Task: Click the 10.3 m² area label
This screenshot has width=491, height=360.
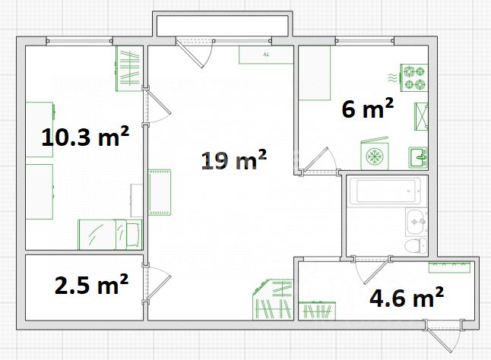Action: coord(85,137)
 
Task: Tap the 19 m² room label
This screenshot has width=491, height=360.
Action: coord(234,159)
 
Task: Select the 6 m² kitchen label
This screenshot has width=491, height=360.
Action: coord(367,108)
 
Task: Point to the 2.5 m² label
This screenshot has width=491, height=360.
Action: coord(91,284)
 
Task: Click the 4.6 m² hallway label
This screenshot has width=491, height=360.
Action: coord(407,297)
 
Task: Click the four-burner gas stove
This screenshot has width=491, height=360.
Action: coord(414,78)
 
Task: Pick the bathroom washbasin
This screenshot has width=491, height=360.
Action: coord(417,222)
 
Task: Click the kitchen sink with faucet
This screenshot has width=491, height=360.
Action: coord(418,157)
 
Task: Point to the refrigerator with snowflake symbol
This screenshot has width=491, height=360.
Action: coord(375,154)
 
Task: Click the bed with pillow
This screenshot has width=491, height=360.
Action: coord(109,235)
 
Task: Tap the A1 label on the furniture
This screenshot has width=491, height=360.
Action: coord(266,55)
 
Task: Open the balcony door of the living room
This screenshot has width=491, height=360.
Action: coord(194,52)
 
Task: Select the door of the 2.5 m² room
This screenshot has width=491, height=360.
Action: coord(157,283)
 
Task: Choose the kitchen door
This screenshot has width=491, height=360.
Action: coord(319,160)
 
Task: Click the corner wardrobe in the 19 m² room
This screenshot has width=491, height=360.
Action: coord(273,300)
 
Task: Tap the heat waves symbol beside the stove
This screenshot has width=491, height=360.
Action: coord(392,77)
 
